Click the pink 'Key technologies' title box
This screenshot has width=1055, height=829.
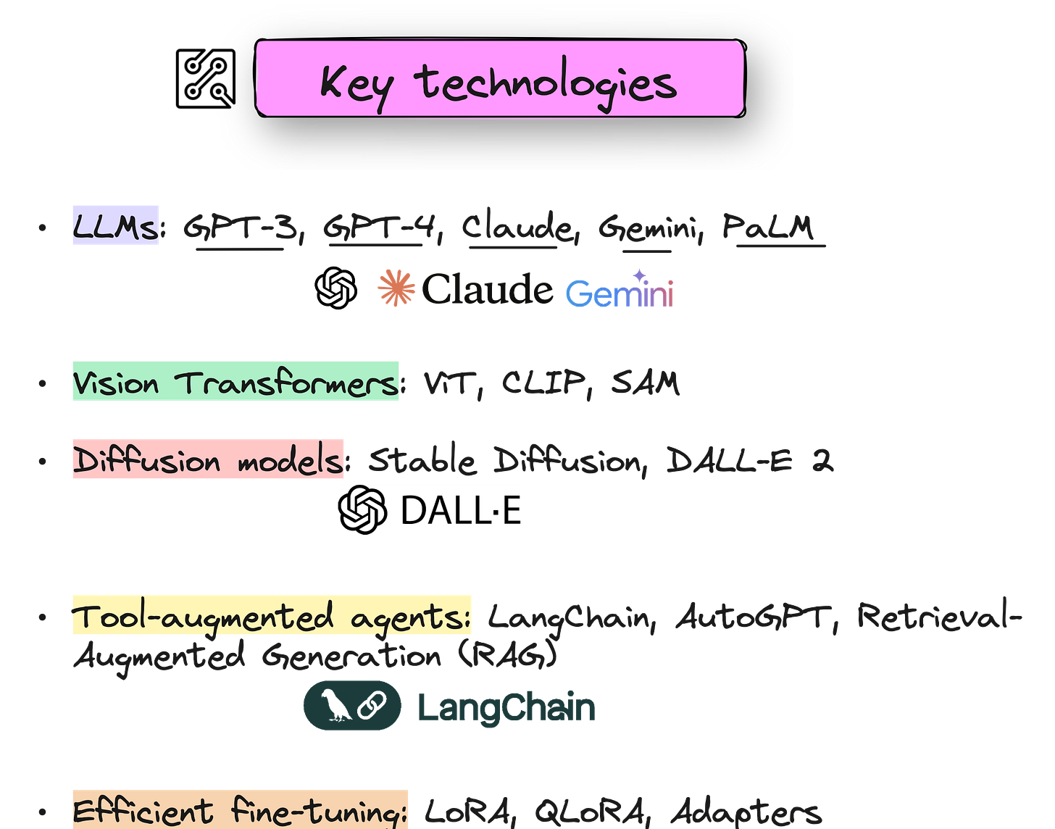click(500, 78)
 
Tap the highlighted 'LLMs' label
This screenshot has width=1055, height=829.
click(115, 225)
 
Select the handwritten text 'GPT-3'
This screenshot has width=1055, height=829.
click(240, 227)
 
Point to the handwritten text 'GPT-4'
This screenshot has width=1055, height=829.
click(379, 227)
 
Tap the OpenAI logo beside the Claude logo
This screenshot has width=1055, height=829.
click(336, 288)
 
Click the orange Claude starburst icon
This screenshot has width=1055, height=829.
click(396, 288)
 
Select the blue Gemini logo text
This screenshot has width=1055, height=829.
click(619, 291)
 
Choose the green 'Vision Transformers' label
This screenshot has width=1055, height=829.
click(235, 381)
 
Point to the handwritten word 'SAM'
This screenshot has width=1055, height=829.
click(645, 382)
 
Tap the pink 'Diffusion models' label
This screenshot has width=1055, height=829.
click(208, 459)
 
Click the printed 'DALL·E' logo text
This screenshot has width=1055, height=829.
click(461, 510)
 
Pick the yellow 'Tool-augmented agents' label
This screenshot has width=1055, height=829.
click(272, 615)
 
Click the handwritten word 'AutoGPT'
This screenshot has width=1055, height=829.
click(750, 617)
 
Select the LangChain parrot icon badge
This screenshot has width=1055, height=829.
click(352, 705)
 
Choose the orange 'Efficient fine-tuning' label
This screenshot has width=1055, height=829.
click(240, 809)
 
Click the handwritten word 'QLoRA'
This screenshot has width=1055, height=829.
click(588, 812)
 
